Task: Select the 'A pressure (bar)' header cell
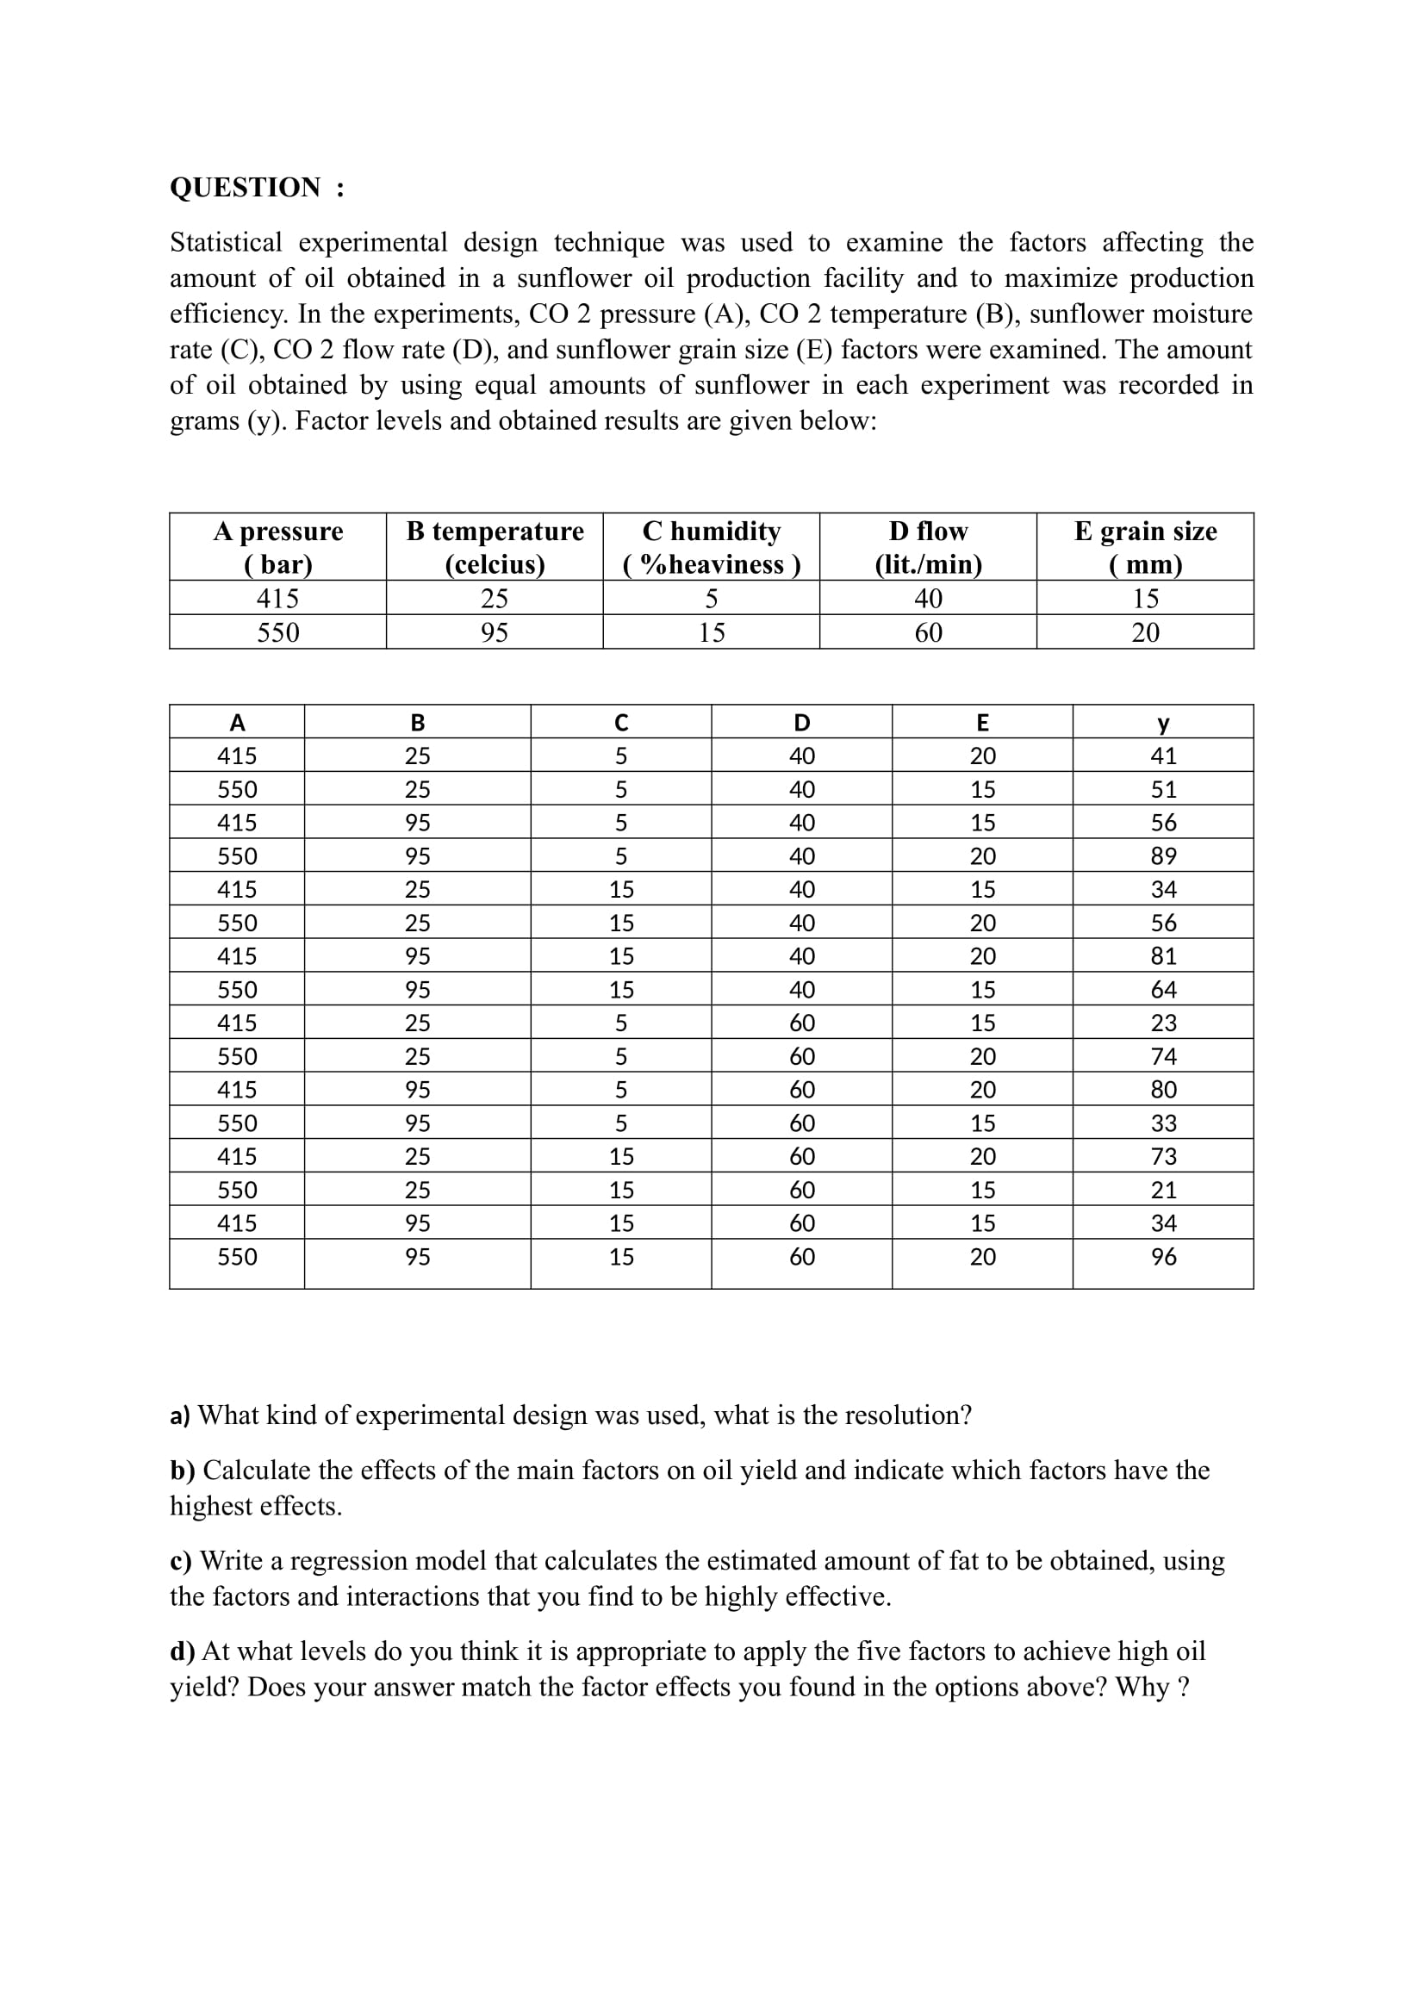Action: pos(277,547)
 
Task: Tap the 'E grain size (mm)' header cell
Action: pos(1145,547)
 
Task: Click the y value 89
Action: pos(1162,855)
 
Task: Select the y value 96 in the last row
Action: pos(1162,1257)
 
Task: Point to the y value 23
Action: pos(1162,1023)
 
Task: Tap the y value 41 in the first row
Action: pos(1162,756)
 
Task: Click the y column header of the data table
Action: pos(1162,722)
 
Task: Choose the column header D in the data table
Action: pos(801,722)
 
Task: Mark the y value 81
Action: pos(1162,955)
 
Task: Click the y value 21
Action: pos(1162,1190)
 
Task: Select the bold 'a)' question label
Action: pos(180,1415)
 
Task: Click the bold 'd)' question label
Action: pos(182,1651)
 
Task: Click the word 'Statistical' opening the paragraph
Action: pos(226,242)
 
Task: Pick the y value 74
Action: pos(1162,1056)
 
